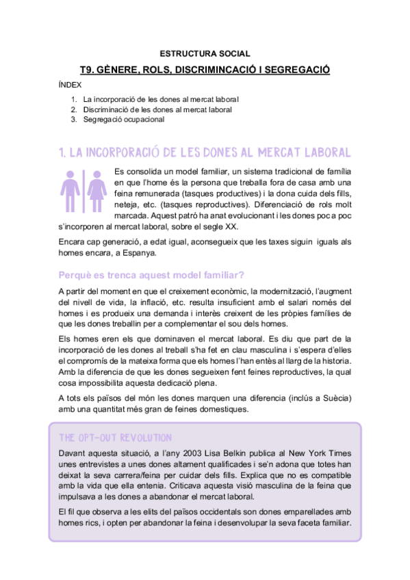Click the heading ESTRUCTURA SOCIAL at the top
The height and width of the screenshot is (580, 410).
205,53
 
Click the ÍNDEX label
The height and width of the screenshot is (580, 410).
71,85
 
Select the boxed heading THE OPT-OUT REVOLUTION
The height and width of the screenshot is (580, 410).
116,438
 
